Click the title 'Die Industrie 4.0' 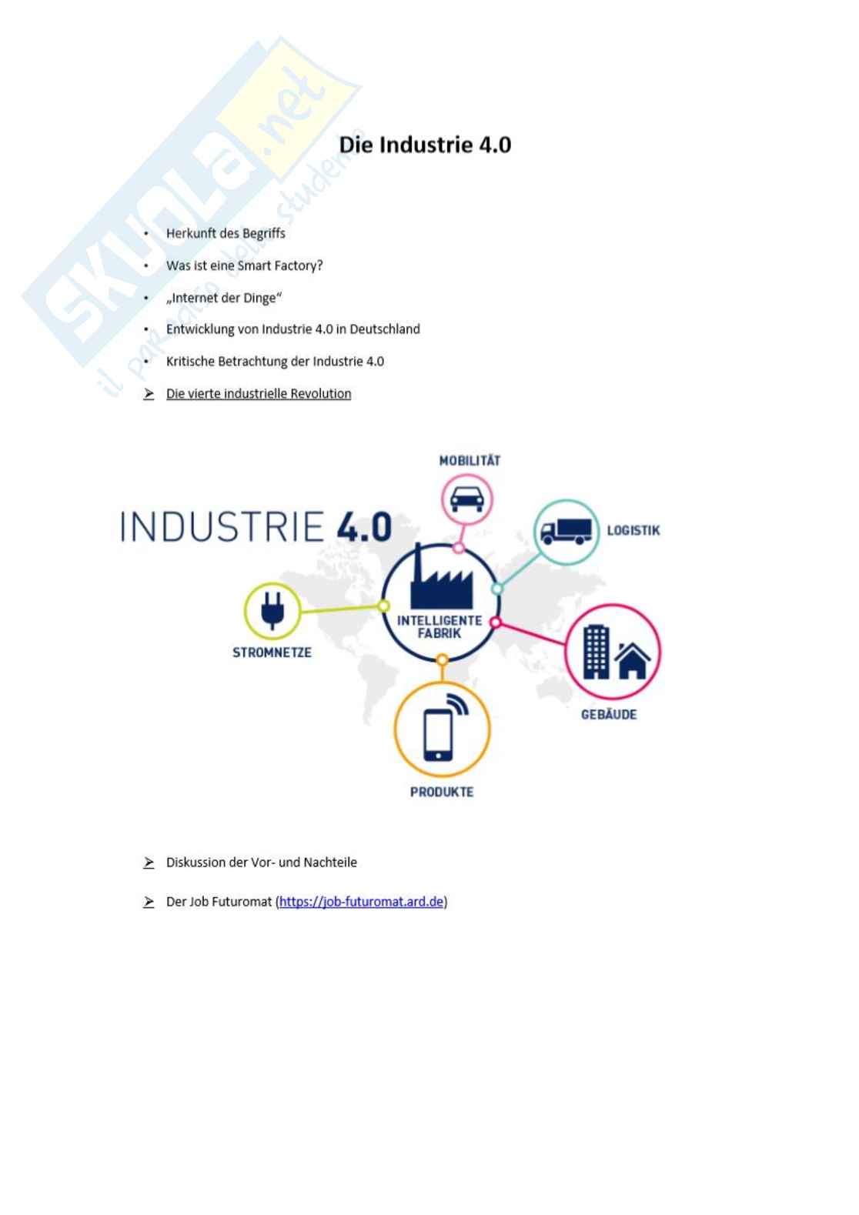tap(425, 145)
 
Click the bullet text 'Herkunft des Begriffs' tap(226, 233)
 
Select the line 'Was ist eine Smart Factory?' tap(244, 265)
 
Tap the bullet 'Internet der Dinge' tap(224, 298)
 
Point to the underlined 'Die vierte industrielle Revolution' tap(259, 393)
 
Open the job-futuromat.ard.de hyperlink tap(361, 901)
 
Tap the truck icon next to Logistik tap(566, 531)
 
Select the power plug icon tap(272, 610)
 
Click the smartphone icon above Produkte tap(439, 733)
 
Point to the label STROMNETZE tap(272, 653)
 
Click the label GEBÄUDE tap(609, 714)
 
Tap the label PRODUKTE tap(442, 792)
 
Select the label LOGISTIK tap(633, 530)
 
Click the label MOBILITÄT tap(470, 460)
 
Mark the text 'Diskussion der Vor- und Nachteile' tap(262, 862)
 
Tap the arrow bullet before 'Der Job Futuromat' tap(149, 902)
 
